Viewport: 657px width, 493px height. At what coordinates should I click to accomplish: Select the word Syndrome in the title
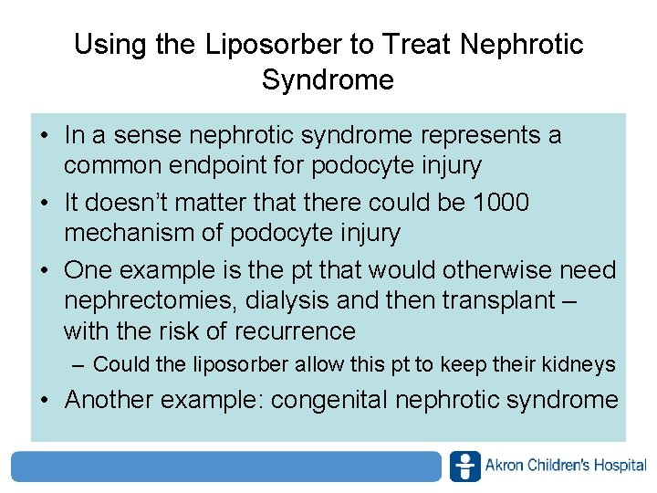click(x=328, y=79)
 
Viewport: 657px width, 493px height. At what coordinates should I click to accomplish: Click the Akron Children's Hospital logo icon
click(x=464, y=466)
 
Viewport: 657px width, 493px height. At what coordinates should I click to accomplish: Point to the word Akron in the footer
click(x=503, y=466)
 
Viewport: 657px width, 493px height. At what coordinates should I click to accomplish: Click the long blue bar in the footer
click(x=226, y=466)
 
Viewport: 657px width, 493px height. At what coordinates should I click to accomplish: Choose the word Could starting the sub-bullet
click(x=121, y=364)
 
